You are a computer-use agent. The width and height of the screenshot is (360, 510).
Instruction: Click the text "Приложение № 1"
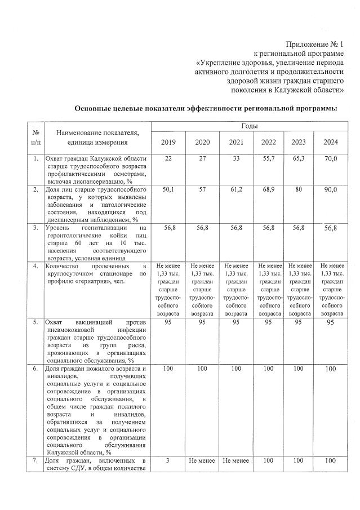pyautogui.click(x=314, y=43)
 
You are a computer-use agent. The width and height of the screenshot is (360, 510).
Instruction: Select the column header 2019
pyautogui.click(x=168, y=141)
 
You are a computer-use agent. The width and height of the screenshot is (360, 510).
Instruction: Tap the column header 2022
pyautogui.click(x=268, y=141)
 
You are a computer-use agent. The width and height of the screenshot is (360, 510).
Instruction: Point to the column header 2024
pyautogui.click(x=331, y=141)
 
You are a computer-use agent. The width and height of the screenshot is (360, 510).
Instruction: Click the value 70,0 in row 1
pyautogui.click(x=331, y=161)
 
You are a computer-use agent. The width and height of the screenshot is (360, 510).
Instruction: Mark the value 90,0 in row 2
pyautogui.click(x=331, y=192)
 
